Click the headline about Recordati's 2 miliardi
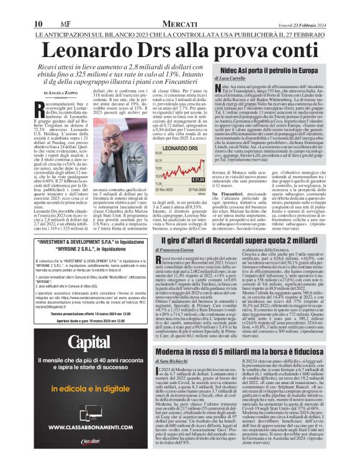pyautogui.click(x=240, y=240)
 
